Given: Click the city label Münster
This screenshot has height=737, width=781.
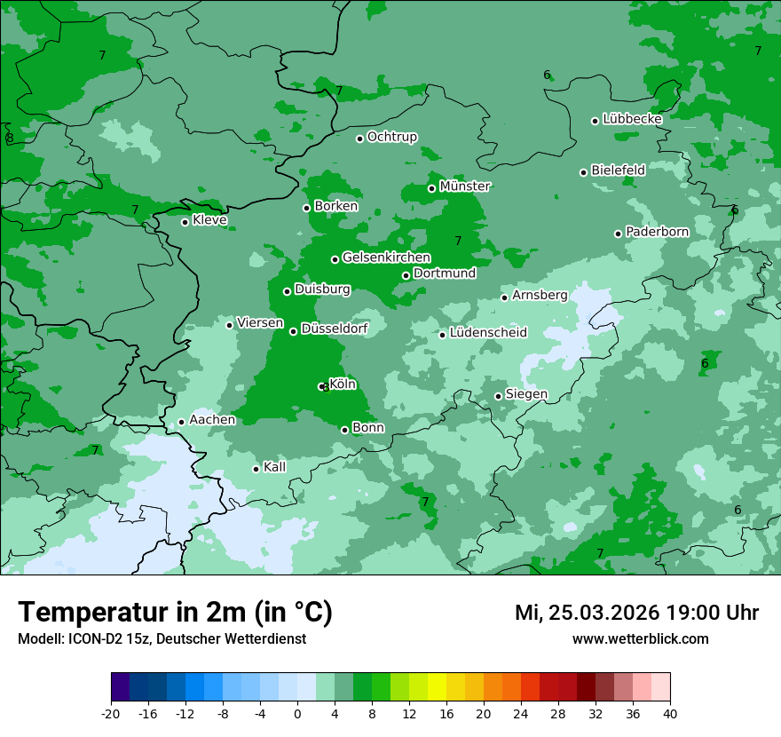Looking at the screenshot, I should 465,186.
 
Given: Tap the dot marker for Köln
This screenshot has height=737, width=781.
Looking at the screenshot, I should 321,386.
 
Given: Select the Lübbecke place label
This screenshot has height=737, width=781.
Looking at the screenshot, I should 632,119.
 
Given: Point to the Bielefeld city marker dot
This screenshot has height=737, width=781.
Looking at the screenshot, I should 584,172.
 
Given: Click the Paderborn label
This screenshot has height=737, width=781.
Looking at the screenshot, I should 657,232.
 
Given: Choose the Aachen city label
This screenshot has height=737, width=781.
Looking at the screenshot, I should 212,420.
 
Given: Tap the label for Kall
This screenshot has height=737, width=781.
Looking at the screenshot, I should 274,467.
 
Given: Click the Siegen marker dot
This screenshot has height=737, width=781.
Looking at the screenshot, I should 499,396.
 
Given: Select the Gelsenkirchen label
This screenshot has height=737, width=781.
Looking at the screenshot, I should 386,258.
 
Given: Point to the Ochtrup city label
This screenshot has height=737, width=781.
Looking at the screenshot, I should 391,137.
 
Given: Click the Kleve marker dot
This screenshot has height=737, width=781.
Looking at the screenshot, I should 185,222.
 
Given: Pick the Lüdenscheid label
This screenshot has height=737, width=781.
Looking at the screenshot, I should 488,333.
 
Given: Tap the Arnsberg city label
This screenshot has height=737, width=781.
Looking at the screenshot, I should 540,295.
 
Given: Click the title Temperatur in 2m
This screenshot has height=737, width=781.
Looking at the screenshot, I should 175,612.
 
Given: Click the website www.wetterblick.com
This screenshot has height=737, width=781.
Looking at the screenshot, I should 640,639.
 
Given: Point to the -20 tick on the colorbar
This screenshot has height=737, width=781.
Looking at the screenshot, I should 111,714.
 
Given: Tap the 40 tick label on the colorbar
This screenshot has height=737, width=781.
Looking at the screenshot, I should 669,714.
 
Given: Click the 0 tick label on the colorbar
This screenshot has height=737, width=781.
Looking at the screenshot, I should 297,714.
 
